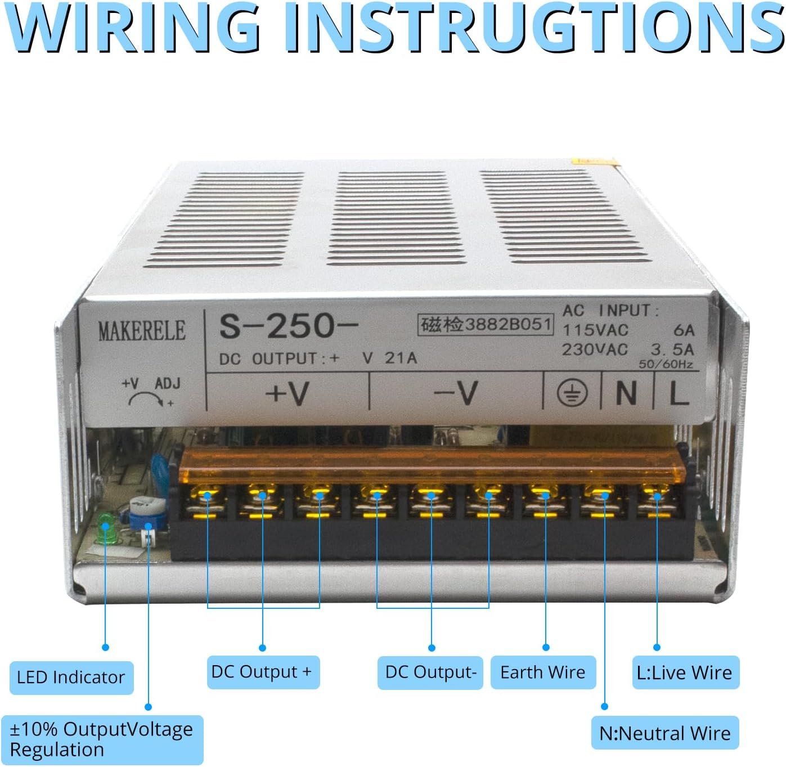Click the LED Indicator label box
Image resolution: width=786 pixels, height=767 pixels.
[71, 677]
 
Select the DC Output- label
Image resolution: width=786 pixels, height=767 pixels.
[430, 672]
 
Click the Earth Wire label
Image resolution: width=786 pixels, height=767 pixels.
[543, 672]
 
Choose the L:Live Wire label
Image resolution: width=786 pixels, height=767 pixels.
[685, 672]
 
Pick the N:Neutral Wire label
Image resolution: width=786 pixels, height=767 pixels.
[665, 733]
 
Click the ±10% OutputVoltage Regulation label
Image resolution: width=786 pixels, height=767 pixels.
[102, 739]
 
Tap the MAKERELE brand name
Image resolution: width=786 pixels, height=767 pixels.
[142, 331]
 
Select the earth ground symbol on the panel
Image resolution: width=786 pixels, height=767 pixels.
[572, 392]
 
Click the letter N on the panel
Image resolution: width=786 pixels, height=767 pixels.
[626, 393]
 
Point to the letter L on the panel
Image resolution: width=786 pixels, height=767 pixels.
[679, 393]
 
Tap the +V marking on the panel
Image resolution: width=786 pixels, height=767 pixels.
[288, 392]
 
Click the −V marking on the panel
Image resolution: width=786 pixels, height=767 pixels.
[456, 392]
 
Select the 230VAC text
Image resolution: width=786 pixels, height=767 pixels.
[595, 349]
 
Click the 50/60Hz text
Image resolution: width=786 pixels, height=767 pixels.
[666, 364]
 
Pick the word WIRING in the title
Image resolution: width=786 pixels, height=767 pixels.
[135, 27]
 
